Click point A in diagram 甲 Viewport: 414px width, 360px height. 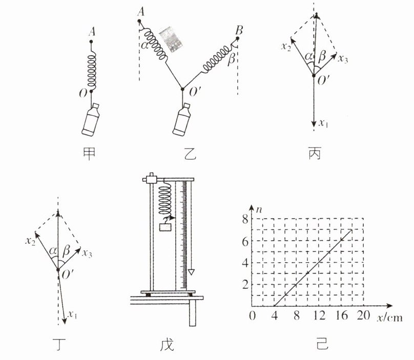click(x=91, y=41)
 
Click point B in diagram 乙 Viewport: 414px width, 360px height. click(x=237, y=38)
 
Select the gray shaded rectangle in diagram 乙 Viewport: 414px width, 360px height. click(x=171, y=39)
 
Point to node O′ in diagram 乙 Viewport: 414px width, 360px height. click(x=182, y=89)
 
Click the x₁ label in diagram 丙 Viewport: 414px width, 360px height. click(x=323, y=123)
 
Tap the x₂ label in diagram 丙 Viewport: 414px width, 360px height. click(x=286, y=47)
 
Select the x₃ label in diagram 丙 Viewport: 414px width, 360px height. click(x=343, y=58)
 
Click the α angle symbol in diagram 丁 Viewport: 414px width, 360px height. click(x=53, y=250)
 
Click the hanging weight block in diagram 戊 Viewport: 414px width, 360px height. click(x=165, y=227)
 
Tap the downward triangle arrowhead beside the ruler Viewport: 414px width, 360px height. click(x=191, y=272)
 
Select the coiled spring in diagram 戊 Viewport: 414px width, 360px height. click(x=165, y=200)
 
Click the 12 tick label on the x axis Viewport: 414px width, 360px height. click(x=319, y=315)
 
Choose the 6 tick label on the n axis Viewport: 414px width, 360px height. click(x=245, y=241)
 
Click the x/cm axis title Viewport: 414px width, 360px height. click(x=390, y=317)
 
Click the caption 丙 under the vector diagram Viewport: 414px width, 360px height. click(x=315, y=153)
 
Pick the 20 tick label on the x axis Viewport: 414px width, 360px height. click(x=364, y=315)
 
